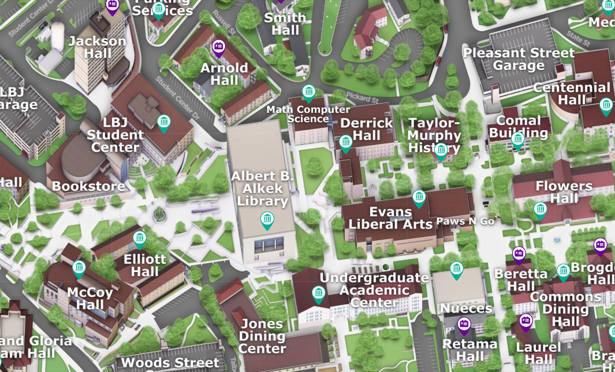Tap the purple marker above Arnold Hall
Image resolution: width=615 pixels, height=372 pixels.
pos(218,46)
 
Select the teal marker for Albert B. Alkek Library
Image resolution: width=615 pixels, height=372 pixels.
pos(267,219)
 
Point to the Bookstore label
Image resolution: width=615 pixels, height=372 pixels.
pos(88,186)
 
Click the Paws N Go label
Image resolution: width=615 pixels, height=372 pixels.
pos(465,221)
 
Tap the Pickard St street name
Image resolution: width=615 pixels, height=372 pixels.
pos(361,97)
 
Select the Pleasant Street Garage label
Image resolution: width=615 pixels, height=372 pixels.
pos(519,59)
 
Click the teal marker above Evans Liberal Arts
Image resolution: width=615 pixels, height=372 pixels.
pos(419,197)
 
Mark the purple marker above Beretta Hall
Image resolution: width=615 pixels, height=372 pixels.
pos(519,253)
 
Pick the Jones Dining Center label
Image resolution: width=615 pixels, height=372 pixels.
pos(262,336)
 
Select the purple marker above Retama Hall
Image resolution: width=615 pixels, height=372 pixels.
pos(464,325)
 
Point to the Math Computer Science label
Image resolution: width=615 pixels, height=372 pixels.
pos(308,114)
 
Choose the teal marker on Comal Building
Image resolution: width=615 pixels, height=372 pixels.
pos(517,139)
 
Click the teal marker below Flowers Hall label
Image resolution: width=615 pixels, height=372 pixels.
pos(540,210)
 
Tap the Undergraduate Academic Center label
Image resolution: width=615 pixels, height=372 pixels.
pos(374,290)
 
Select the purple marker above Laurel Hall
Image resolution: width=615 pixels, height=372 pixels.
pos(525,322)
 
